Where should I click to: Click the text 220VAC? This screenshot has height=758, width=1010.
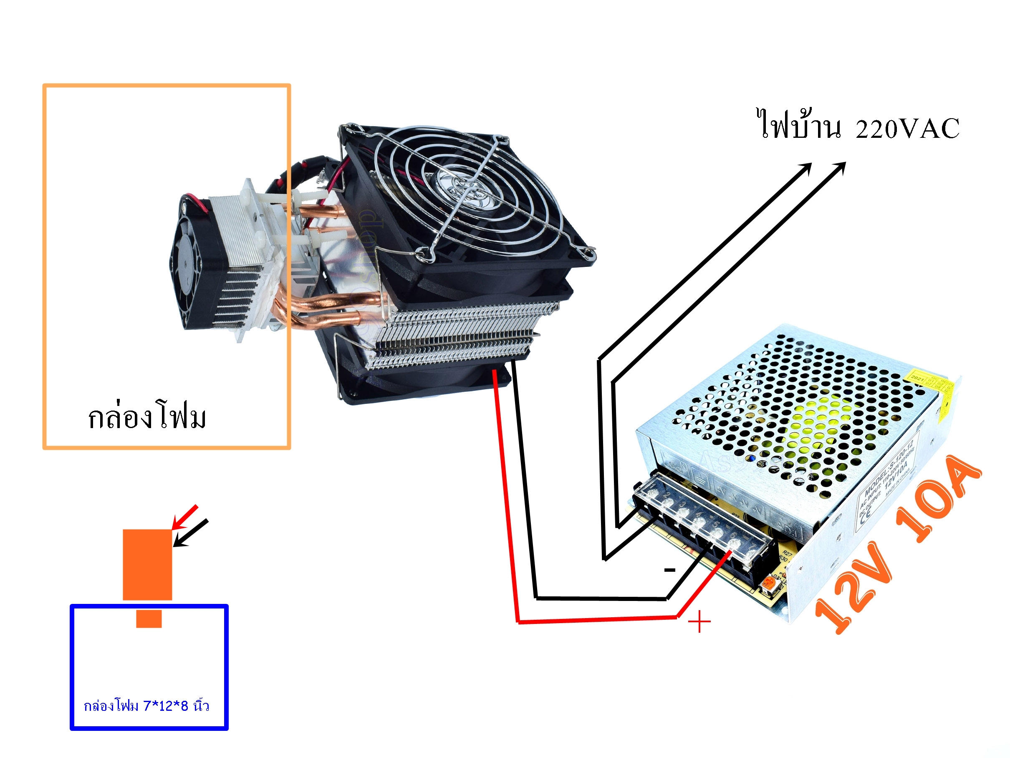point(907,129)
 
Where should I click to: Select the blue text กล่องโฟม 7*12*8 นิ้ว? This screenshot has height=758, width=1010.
point(146,706)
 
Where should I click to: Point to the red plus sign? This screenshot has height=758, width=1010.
point(699,622)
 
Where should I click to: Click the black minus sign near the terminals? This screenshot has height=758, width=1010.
point(669,570)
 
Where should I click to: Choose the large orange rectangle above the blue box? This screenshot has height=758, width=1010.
point(147,564)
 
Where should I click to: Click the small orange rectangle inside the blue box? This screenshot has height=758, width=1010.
point(149,619)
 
